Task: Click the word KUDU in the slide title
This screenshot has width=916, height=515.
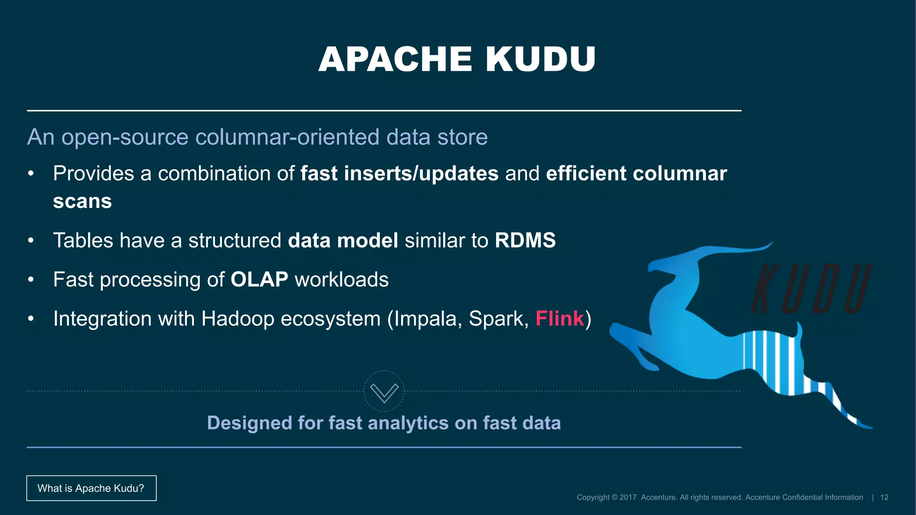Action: (x=540, y=59)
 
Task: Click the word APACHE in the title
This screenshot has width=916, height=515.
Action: (x=395, y=59)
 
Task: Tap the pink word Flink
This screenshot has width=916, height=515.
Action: (x=560, y=319)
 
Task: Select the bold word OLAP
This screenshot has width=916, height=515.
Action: (x=259, y=280)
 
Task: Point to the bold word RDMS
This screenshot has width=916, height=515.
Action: (x=525, y=241)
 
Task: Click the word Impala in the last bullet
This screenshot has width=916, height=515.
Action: (x=428, y=319)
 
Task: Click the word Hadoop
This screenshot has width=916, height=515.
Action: (x=237, y=319)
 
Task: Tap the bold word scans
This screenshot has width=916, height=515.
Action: (x=82, y=202)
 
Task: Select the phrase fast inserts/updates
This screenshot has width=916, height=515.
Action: (x=399, y=173)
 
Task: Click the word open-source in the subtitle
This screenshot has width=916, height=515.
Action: (x=125, y=137)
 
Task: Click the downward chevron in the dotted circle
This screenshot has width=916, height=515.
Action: (x=384, y=392)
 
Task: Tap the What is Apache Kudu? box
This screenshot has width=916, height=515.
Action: (x=91, y=488)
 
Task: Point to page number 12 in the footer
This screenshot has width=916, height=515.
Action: (x=884, y=498)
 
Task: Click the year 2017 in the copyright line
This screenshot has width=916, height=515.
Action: (x=628, y=498)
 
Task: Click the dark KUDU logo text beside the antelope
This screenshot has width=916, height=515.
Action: (x=810, y=289)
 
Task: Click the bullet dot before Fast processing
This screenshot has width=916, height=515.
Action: (x=30, y=280)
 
